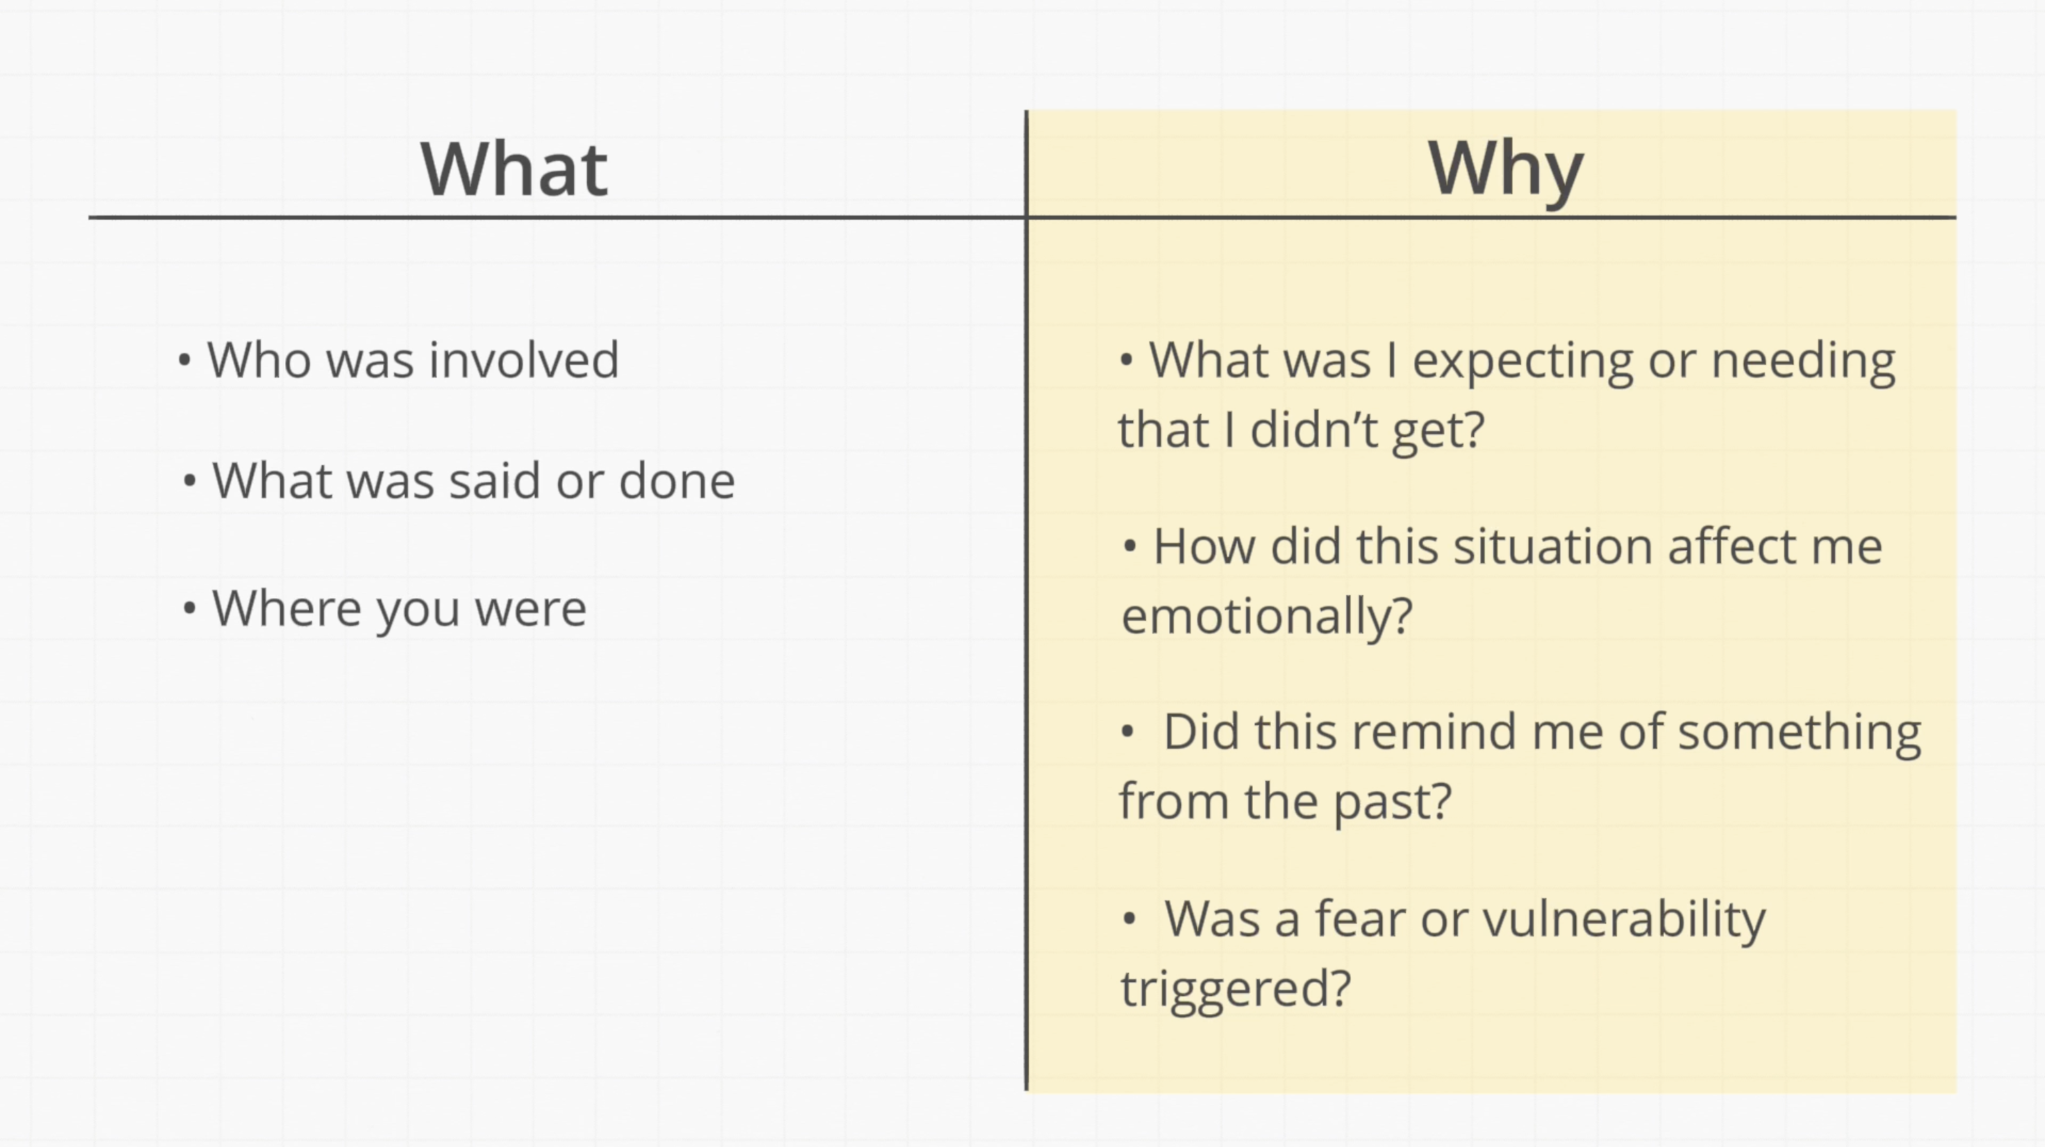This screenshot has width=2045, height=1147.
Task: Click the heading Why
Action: click(1505, 173)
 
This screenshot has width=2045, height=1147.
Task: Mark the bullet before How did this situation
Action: click(1130, 547)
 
